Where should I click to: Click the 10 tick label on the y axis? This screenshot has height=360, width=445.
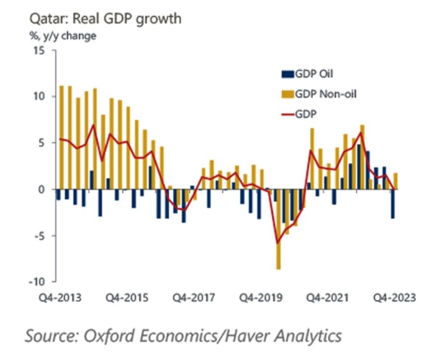pyautogui.click(x=38, y=97)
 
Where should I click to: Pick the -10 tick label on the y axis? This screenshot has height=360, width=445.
pyautogui.click(x=36, y=281)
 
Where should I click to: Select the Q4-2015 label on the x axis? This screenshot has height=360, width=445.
pyautogui.click(x=129, y=298)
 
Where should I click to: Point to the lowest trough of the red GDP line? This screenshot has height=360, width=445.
pyautogui.click(x=278, y=243)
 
